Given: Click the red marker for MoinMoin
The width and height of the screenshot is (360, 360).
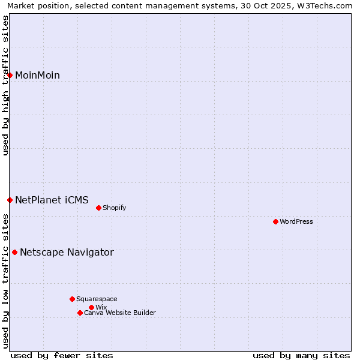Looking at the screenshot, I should coord(10,75).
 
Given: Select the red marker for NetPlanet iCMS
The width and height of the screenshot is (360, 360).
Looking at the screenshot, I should coord(10,200).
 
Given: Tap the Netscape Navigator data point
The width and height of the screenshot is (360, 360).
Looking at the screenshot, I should coord(15,252).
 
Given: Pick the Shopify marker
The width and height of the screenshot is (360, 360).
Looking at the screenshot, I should coord(98,208).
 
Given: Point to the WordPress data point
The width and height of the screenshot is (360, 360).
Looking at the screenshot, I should coord(275,221).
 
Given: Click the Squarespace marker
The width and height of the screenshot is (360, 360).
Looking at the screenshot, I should coord(72,299).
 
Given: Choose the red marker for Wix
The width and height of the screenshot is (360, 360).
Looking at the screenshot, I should coord(91,307).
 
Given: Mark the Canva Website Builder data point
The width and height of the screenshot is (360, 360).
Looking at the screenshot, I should coord(80,313).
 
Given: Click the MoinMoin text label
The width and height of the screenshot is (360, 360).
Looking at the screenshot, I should coord(37,75).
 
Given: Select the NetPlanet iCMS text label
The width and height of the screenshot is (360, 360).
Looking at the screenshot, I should coord(52,200).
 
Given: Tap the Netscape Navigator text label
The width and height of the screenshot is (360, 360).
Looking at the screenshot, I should coord(67,252).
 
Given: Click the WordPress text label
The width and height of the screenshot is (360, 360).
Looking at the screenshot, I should coord(296,221).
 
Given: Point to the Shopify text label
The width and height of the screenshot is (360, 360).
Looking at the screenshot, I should coord(115,208).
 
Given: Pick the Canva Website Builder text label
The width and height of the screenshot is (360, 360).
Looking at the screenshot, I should coord(120,313).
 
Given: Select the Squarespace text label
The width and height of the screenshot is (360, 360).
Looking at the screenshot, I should coord(97,299).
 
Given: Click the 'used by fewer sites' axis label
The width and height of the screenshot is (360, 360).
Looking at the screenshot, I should coord(62,355).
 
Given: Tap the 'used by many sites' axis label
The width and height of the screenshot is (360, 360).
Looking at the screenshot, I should coord(301,355).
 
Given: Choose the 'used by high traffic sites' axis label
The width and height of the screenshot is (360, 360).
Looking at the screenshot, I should coord(5,85).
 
